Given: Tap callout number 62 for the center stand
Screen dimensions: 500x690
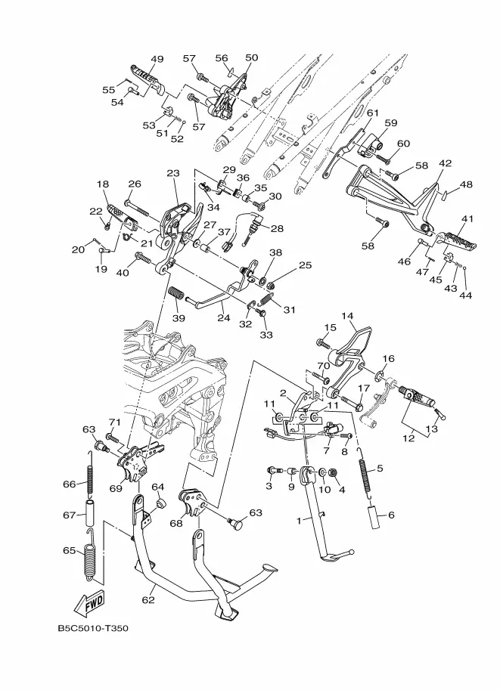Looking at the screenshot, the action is [148, 599].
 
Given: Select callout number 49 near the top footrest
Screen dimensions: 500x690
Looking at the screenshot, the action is [157, 59].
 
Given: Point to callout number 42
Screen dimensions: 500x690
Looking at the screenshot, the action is [446, 163].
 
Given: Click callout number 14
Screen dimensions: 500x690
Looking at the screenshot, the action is [347, 316].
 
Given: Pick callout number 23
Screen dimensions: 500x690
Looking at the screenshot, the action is [173, 173].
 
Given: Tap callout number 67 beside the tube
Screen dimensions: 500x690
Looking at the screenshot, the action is [70, 515].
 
